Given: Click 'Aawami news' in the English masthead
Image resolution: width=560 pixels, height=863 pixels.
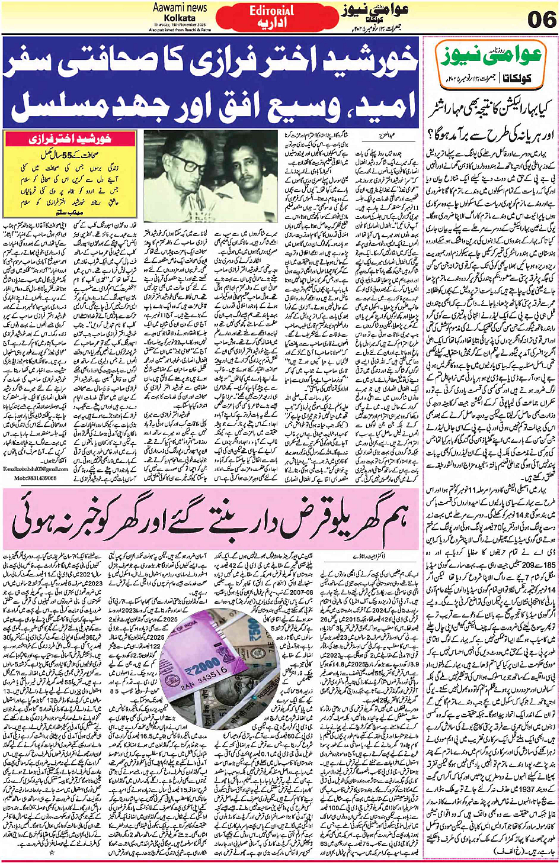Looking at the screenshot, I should [x=180, y=8].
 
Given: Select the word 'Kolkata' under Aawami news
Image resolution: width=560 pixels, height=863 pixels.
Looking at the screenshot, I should [x=180, y=18].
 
